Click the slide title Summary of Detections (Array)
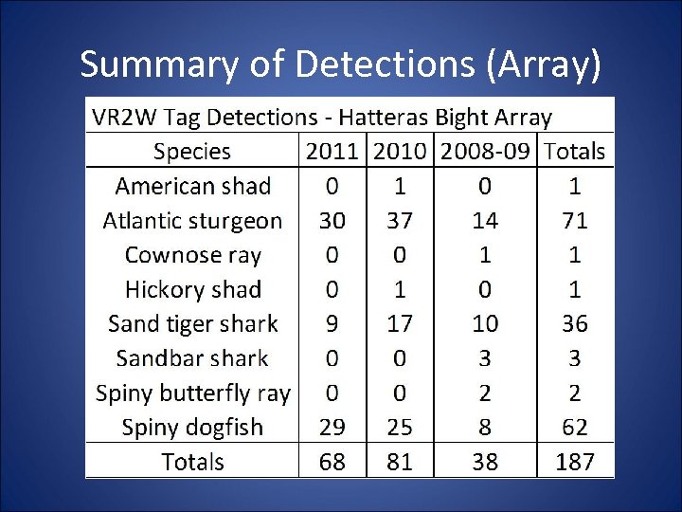340,64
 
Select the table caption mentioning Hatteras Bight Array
321,118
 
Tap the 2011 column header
332,152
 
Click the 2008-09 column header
485,152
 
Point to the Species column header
192,152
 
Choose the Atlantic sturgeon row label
192,221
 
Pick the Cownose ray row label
192,255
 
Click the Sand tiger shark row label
192,324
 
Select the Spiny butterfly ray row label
192,393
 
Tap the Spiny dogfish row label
192,428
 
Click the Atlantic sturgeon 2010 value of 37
400,221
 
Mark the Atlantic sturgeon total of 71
574,221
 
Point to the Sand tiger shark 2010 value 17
400,324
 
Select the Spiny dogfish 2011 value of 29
332,428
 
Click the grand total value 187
574,462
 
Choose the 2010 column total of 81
400,462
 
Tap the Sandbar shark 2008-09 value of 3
485,358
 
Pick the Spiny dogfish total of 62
574,428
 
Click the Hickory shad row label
192,290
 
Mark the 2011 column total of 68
332,462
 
